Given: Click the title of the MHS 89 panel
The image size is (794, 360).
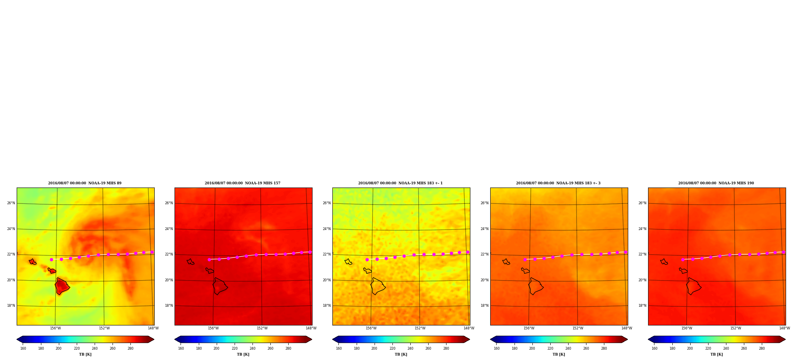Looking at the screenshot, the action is pyautogui.click(x=85, y=183).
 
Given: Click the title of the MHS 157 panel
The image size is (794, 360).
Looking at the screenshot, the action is pyautogui.click(x=243, y=183).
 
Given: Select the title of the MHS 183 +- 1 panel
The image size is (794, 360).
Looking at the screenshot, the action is pyautogui.click(x=400, y=183).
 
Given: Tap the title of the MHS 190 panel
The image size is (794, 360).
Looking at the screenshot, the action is pyautogui.click(x=716, y=183).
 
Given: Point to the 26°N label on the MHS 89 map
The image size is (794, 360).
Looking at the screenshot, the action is pyautogui.click(x=11, y=203).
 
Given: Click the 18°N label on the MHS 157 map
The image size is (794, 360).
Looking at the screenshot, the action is pyautogui.click(x=169, y=306).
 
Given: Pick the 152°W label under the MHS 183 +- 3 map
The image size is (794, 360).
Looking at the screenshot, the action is pyautogui.click(x=578, y=328).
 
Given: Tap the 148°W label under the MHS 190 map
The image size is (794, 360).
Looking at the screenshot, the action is pyautogui.click(x=784, y=328).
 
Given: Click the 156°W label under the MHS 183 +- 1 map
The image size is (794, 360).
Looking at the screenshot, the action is pyautogui.click(x=371, y=328).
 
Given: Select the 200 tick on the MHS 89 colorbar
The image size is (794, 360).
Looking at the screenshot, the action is pyautogui.click(x=58, y=348).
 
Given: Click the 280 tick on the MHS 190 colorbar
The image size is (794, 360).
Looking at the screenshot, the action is pyautogui.click(x=762, y=348).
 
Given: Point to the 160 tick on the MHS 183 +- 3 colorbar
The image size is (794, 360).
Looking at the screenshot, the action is pyautogui.click(x=497, y=348).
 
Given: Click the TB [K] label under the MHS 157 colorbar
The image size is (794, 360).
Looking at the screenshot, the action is pyautogui.click(x=243, y=354).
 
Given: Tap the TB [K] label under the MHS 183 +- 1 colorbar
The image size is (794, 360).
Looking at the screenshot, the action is pyautogui.click(x=401, y=354).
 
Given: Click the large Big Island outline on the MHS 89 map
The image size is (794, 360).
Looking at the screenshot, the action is pyautogui.click(x=62, y=286).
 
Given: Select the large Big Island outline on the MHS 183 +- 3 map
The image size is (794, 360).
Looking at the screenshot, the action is pyautogui.click(x=536, y=286).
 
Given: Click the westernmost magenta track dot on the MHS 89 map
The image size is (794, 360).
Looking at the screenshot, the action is pyautogui.click(x=51, y=259).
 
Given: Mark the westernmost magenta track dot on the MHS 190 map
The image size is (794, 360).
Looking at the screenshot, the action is pyautogui.click(x=683, y=259).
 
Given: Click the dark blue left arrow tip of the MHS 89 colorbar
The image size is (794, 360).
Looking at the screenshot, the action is pyautogui.click(x=17, y=339).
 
